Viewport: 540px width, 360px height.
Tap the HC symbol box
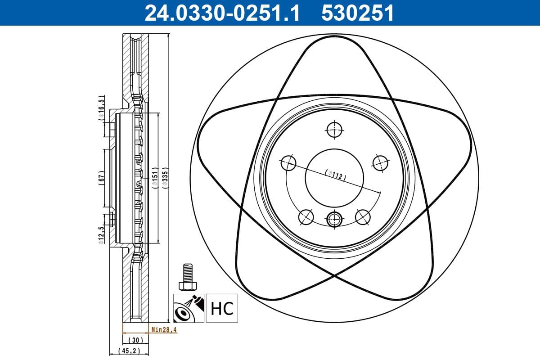(222, 309)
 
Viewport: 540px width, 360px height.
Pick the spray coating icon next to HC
(189, 309)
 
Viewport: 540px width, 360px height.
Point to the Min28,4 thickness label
(164, 330)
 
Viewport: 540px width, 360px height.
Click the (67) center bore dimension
(101, 177)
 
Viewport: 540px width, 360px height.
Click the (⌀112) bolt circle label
(335, 175)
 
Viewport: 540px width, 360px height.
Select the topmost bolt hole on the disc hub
(334, 130)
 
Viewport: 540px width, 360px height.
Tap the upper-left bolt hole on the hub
(288, 162)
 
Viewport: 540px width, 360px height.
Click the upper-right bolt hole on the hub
(380, 162)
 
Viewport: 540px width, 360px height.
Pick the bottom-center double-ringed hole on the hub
(334, 219)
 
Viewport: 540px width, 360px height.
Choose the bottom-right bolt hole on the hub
(362, 217)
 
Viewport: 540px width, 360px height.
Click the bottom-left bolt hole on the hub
(306, 217)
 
